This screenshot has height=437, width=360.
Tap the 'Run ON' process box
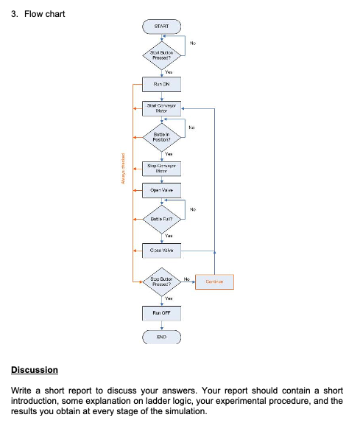coord(161,84)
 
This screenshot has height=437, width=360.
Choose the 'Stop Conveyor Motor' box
coord(161,167)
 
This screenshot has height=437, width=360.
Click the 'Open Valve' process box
coord(161,189)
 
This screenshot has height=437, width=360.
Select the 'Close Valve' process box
coord(161,251)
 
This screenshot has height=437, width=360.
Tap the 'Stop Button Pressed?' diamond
coord(161,282)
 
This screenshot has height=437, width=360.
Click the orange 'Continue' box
coord(214,281)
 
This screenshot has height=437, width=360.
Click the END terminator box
coord(161,340)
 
